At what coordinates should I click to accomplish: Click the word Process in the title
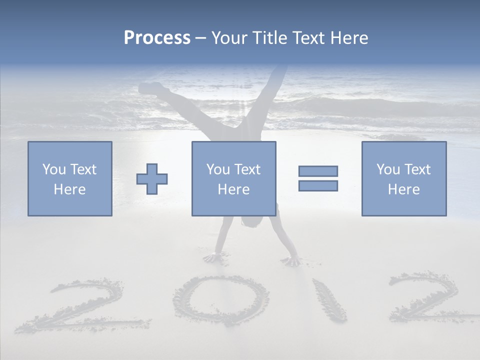[157, 37]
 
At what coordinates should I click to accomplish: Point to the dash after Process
[200, 38]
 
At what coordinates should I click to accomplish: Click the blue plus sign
[152, 179]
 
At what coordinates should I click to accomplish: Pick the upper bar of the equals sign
[318, 171]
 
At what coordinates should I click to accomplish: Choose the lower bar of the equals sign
[318, 186]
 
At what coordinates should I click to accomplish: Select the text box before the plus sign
[69, 178]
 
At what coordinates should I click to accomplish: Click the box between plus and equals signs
[233, 178]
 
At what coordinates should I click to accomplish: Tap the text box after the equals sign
[403, 178]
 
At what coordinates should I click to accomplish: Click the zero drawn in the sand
[220, 299]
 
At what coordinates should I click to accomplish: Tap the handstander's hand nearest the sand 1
[291, 260]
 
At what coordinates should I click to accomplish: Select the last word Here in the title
[349, 37]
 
